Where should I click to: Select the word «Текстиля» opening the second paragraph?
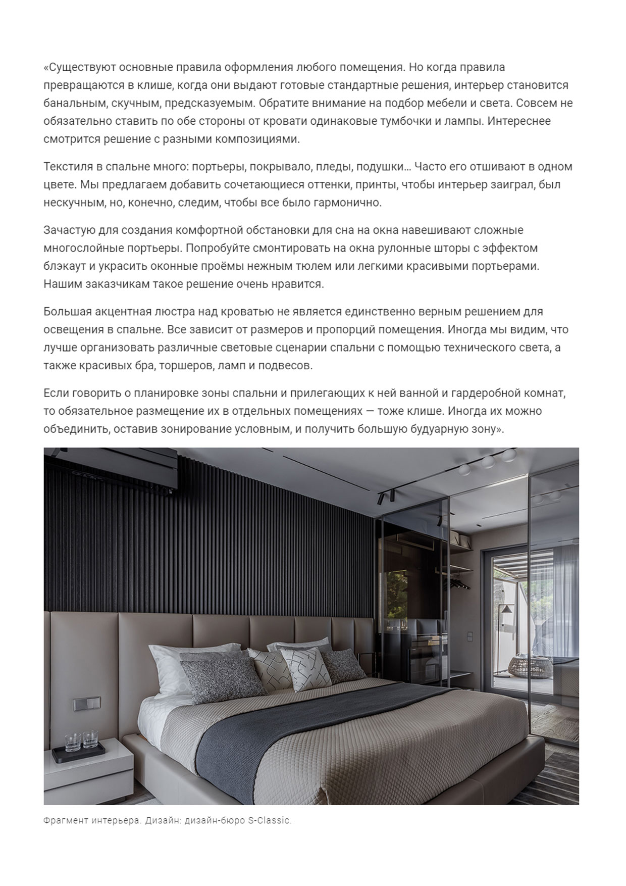65,167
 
